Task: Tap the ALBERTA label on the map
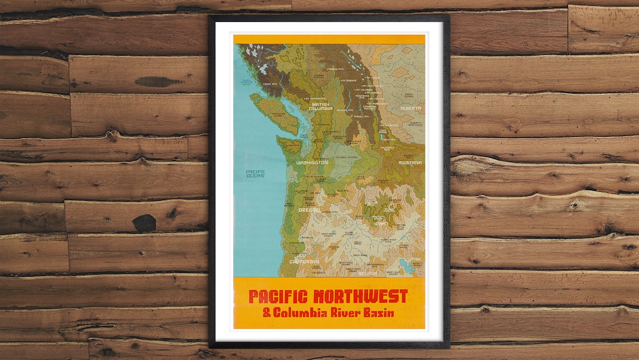point(411,108)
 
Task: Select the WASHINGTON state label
point(312,162)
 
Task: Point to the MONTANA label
point(410,162)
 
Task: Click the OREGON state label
point(309,210)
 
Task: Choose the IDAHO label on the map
point(381,224)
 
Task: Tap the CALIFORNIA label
point(305,261)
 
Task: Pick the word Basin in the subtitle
point(380,313)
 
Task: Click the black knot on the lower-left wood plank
point(144,223)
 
